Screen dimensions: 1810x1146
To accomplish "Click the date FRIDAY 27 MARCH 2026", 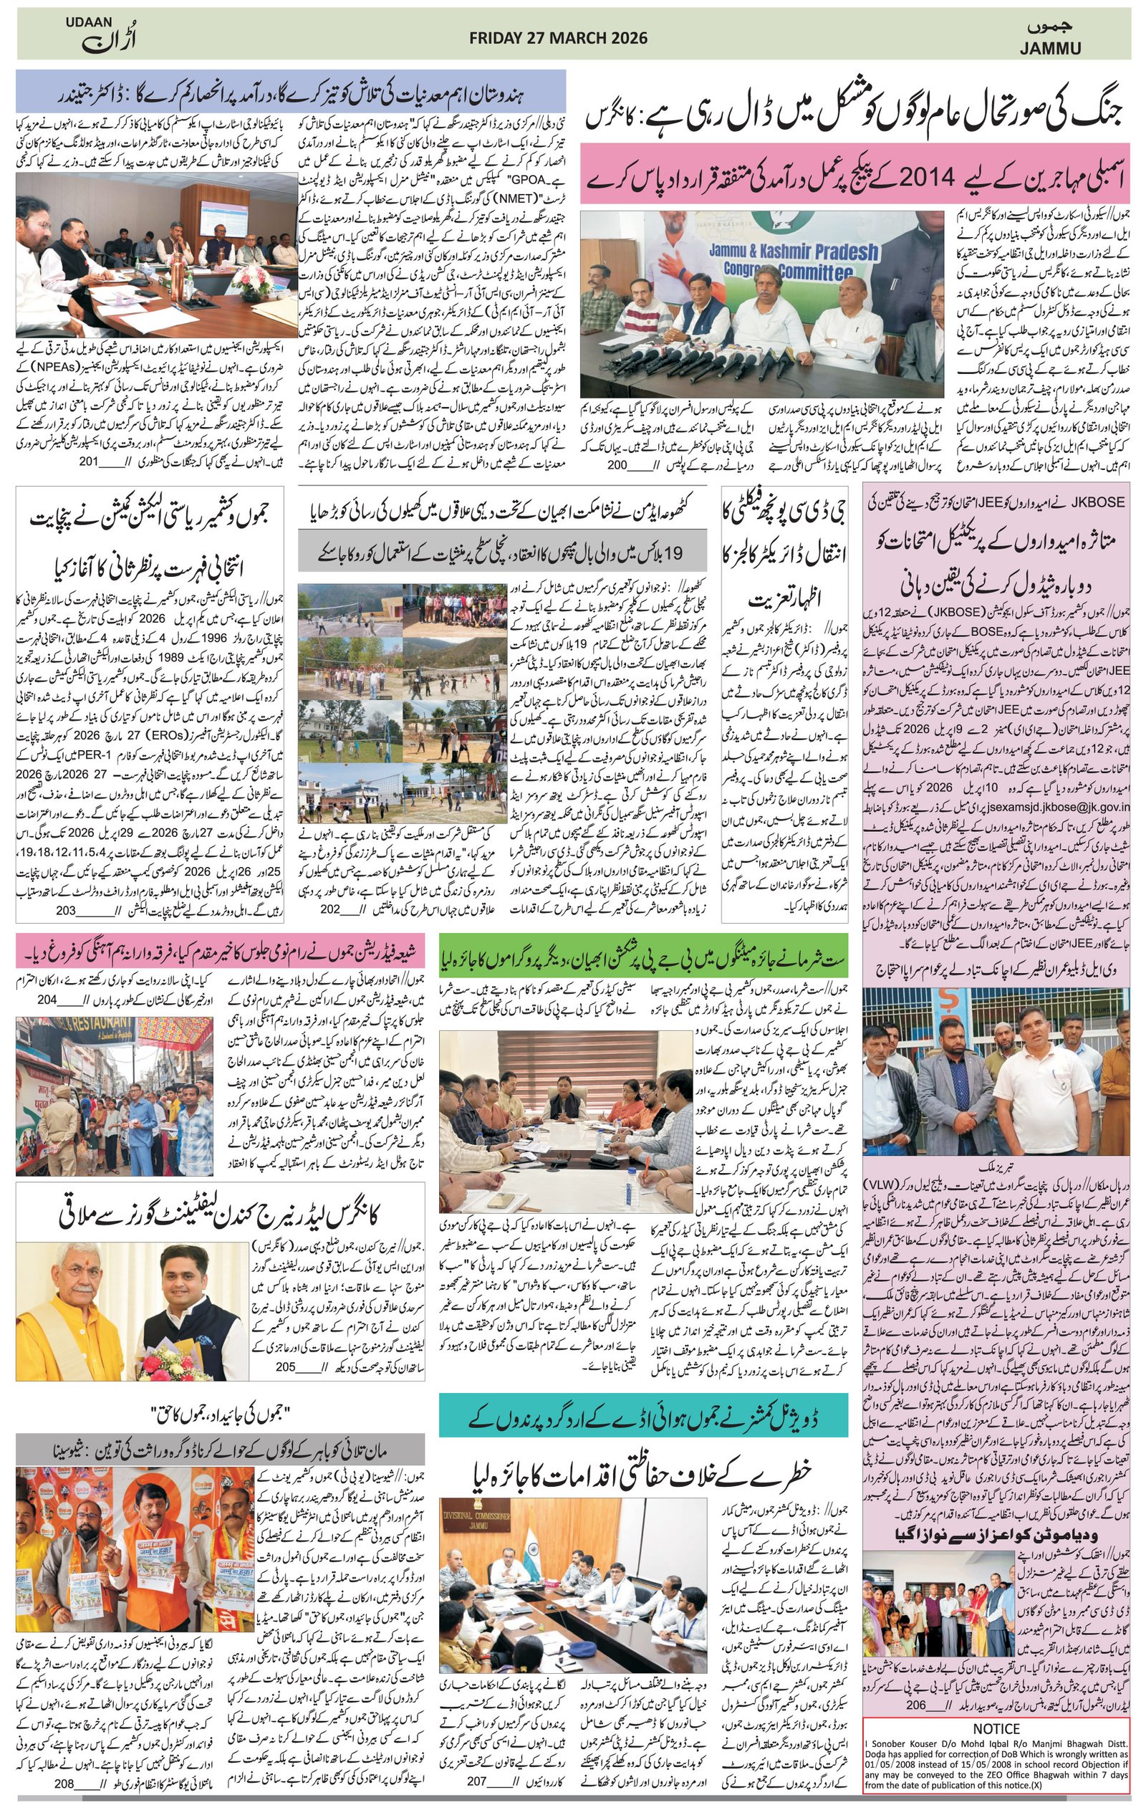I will pos(557,38).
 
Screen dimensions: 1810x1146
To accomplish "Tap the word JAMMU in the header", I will pos(1050,49).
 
